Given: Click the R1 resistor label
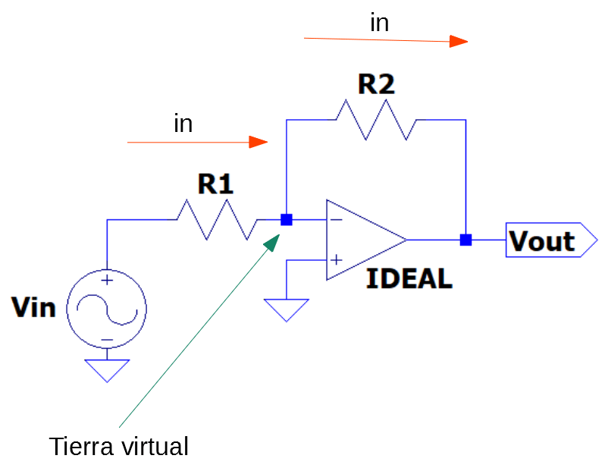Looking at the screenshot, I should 215,184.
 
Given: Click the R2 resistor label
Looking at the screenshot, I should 376,84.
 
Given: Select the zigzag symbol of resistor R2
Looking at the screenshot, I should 376,120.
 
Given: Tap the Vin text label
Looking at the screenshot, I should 33,308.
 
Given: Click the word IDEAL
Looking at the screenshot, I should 409,279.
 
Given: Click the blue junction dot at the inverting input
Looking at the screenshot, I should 287,220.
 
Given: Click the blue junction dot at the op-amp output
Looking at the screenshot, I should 465,240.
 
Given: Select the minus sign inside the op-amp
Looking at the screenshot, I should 336,221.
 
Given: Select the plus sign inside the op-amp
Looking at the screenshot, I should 336,259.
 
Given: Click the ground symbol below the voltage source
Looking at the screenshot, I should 107,369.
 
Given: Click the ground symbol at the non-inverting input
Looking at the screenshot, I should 287,309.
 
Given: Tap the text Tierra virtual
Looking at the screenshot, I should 118,447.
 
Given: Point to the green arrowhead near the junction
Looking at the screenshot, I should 272,240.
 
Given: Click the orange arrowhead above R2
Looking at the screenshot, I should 459,41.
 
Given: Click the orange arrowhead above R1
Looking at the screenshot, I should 259,142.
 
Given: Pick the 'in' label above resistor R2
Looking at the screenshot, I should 379,24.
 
